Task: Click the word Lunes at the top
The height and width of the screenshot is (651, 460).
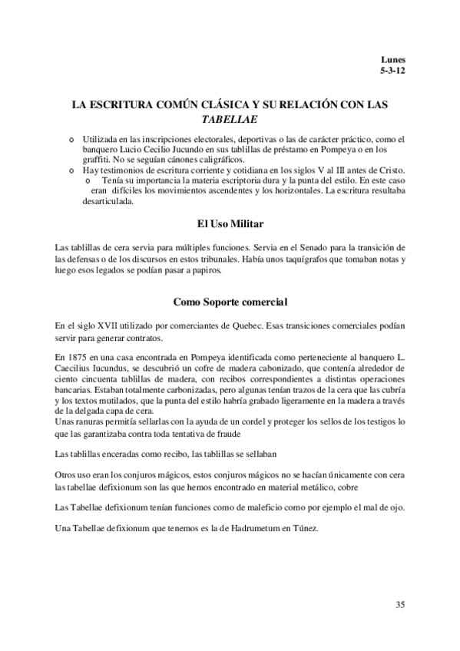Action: coord(393,59)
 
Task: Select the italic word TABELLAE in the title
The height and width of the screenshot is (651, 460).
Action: coord(229,120)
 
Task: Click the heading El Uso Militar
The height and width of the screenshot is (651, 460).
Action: coord(230,224)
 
